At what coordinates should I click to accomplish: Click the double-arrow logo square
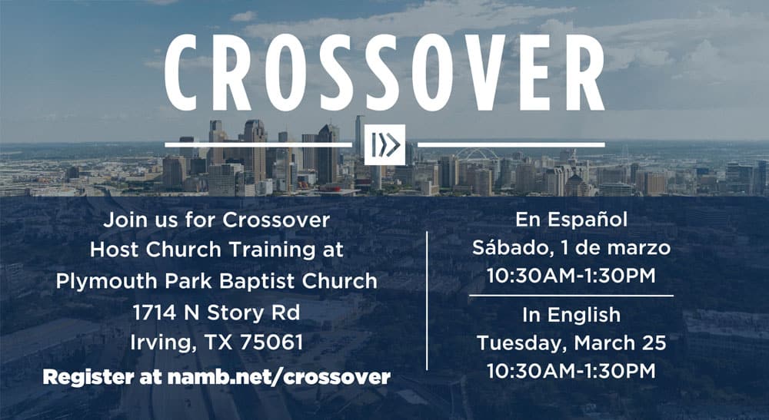coord(384,144)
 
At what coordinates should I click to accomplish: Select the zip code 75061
coord(271,342)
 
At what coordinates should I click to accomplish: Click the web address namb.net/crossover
coord(279,377)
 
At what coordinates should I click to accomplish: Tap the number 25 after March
coord(654,342)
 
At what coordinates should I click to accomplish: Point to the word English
coord(584,315)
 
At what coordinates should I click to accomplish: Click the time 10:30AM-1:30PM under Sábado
coord(571,276)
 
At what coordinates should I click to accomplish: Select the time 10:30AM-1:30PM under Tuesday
coord(571,371)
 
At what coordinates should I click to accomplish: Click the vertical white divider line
coord(427,300)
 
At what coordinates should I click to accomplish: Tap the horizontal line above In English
coord(571,296)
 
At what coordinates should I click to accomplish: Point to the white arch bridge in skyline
coord(478,154)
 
